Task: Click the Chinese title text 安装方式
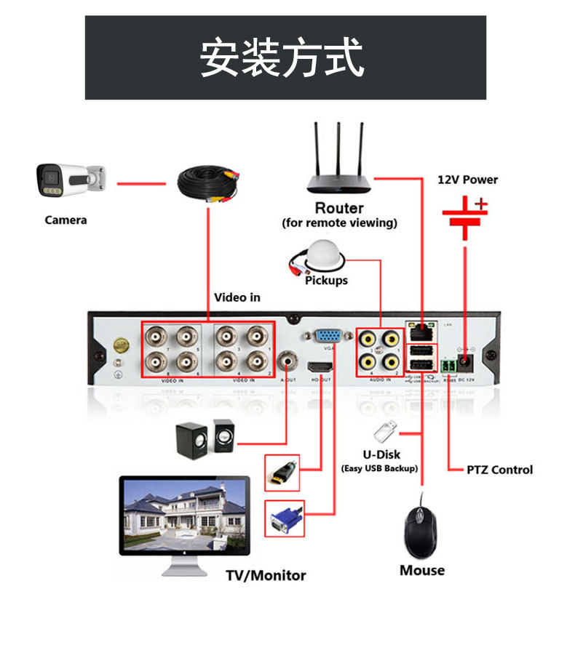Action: pyautogui.click(x=282, y=59)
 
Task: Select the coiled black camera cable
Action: pyautogui.click(x=209, y=185)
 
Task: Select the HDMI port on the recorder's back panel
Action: pyautogui.click(x=320, y=367)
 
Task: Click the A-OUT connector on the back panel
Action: pyautogui.click(x=290, y=361)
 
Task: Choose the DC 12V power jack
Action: pyautogui.click(x=467, y=362)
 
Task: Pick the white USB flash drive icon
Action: pyautogui.click(x=386, y=432)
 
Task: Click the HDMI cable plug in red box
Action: pyautogui.click(x=282, y=473)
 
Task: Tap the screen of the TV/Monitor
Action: pyautogui.click(x=185, y=513)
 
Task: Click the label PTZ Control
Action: pyautogui.click(x=499, y=470)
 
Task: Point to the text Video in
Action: pyautogui.click(x=237, y=297)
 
